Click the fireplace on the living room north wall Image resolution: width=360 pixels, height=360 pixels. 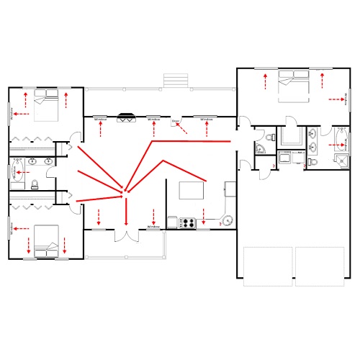(127, 116)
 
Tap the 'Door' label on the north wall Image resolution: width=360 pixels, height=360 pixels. (175, 121)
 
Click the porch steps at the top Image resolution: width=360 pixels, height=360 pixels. (176, 80)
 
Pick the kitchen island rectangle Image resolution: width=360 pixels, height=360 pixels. (191, 191)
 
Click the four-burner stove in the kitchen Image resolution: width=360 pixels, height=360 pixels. (187, 222)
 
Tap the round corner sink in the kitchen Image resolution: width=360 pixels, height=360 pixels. (228, 221)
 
